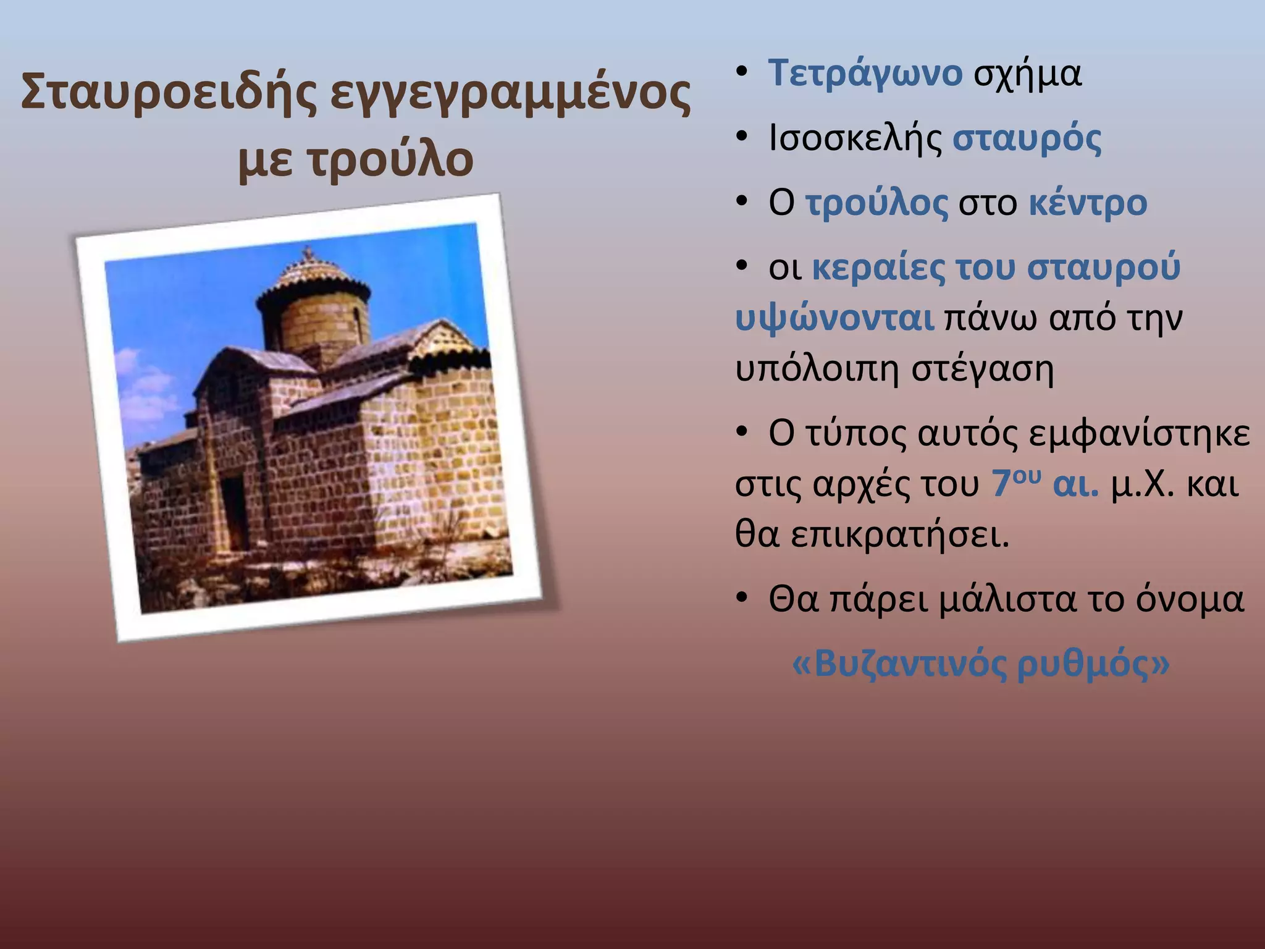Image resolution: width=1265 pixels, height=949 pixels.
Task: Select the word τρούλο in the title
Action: [390, 159]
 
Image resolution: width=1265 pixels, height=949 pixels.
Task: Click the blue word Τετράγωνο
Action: [865, 73]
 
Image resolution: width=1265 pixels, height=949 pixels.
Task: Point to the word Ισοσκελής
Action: [855, 138]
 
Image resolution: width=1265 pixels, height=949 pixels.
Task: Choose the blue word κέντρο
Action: [1087, 203]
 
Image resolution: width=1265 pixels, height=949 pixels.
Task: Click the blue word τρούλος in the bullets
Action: [876, 203]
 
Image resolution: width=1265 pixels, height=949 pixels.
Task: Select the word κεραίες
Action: [878, 268]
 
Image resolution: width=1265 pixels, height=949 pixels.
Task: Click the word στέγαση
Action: [982, 369]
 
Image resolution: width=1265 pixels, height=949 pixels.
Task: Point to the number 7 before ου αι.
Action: [1001, 484]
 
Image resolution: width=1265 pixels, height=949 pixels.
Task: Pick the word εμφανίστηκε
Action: [1139, 434]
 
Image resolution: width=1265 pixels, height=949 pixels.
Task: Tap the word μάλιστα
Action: [1007, 599]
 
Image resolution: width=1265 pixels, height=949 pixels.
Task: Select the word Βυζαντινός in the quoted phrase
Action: [910, 665]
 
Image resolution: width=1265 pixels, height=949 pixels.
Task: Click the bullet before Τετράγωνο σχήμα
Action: [742, 72]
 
